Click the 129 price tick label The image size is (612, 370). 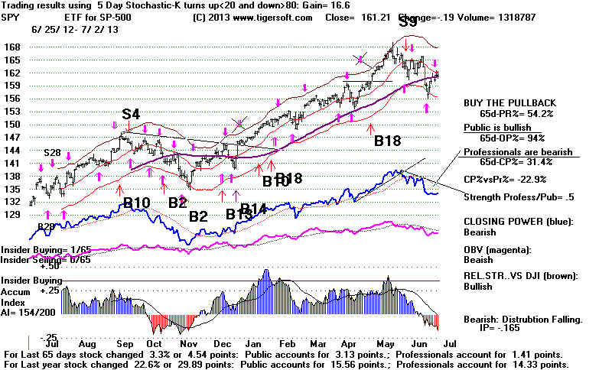point(12,216)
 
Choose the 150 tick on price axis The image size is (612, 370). point(12,124)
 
